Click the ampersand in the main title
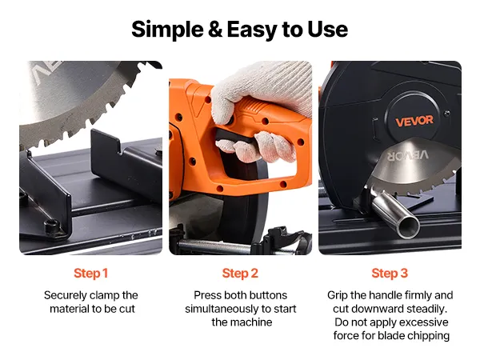[x=215, y=30]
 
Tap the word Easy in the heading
[x=252, y=30]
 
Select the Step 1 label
[x=91, y=274]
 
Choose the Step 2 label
[x=240, y=274]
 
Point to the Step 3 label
[x=390, y=274]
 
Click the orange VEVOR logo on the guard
[x=414, y=121]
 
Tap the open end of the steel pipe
[x=410, y=227]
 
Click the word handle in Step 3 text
[x=386, y=295]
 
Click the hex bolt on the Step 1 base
[x=52, y=227]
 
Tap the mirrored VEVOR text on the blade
[x=408, y=155]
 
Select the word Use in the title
[x=327, y=30]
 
